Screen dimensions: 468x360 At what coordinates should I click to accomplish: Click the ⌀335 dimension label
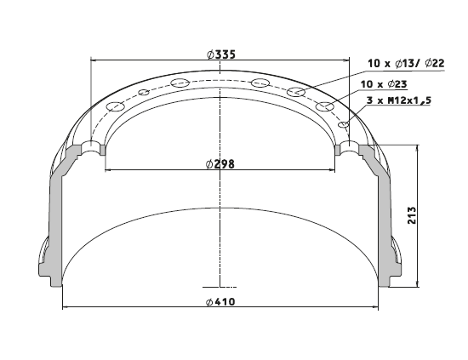pos(221,54)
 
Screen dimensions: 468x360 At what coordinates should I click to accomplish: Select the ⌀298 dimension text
pos(220,164)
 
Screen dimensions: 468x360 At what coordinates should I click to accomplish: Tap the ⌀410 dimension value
pos(220,302)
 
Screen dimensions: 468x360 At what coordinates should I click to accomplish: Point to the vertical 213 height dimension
pos(412,215)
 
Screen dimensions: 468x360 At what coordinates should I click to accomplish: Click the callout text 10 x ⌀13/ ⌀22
pos(406,63)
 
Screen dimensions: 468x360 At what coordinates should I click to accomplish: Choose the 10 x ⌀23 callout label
pos(384,84)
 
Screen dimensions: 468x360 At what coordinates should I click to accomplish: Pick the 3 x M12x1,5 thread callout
pos(399,100)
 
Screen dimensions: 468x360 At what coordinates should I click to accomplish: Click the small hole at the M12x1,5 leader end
pos(344,124)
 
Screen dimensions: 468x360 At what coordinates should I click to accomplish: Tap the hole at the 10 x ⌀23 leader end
pos(325,106)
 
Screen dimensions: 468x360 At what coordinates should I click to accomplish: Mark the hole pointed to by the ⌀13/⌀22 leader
pos(296,91)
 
